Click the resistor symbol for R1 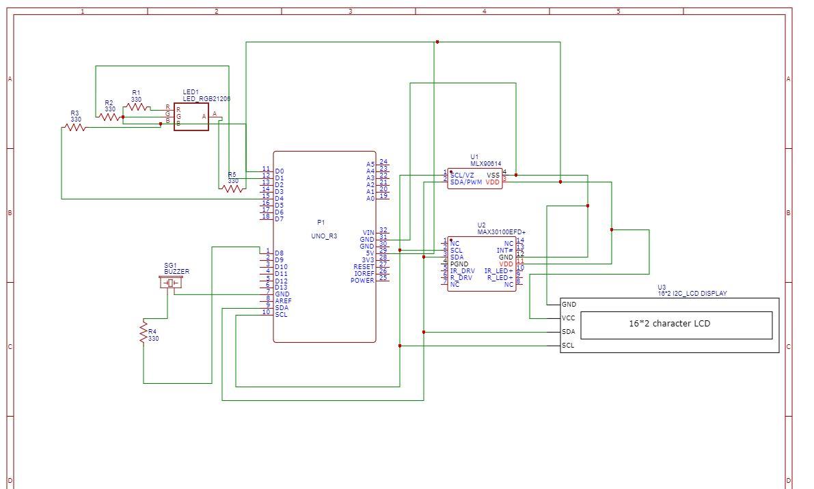(x=137, y=107)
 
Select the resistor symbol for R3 (x=74, y=127)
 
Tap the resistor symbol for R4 (x=144, y=333)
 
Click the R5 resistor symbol (x=233, y=188)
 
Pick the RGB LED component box (x=191, y=117)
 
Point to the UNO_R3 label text (x=324, y=236)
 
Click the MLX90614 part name (x=485, y=164)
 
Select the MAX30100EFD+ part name (x=501, y=232)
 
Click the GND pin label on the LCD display (x=569, y=305)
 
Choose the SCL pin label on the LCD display (x=568, y=346)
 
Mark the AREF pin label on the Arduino (x=283, y=301)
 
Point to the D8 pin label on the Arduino (x=279, y=253)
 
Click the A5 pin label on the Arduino (x=370, y=165)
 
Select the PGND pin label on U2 (x=459, y=264)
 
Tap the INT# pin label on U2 (x=504, y=251)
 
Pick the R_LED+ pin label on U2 (x=500, y=278)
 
